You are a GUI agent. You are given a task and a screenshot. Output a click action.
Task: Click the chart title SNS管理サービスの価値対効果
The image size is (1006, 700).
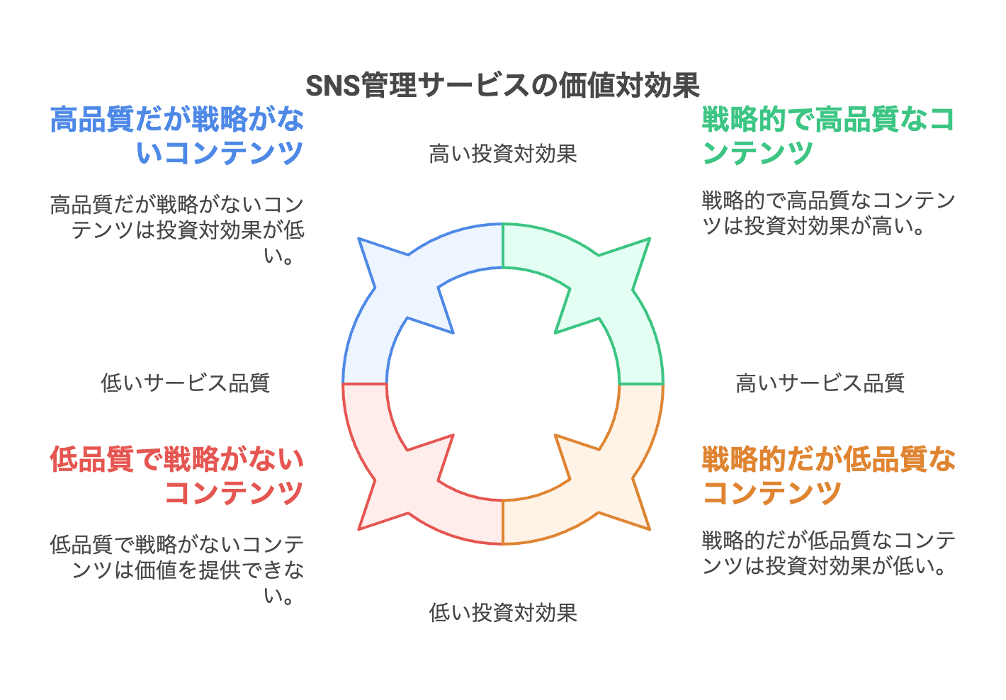click(502, 86)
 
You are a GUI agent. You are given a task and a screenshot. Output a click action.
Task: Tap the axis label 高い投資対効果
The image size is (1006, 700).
click(502, 154)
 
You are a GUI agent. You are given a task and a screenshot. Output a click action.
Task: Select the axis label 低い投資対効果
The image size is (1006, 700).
click(502, 612)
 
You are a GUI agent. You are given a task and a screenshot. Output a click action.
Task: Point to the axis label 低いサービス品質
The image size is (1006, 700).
click(185, 383)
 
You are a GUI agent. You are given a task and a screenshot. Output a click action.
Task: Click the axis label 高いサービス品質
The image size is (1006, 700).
click(820, 383)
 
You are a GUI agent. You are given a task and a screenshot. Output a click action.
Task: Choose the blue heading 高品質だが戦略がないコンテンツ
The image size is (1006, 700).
click(177, 136)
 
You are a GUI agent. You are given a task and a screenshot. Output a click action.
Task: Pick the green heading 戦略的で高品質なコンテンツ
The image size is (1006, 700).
click(828, 136)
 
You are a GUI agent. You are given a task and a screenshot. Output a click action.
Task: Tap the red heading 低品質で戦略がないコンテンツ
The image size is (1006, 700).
click(177, 476)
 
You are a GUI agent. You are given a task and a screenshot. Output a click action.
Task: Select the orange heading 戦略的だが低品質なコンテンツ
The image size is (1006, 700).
click(828, 476)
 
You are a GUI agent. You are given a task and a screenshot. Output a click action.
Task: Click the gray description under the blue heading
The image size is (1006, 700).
click(177, 230)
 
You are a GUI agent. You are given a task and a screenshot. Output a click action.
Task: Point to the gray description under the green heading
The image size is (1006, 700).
click(828, 213)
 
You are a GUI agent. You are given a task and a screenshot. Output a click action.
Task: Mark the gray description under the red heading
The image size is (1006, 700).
click(177, 570)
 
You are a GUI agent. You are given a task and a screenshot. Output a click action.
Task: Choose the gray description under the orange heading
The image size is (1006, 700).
click(828, 553)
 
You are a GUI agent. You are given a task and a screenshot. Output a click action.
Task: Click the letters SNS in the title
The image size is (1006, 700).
click(332, 86)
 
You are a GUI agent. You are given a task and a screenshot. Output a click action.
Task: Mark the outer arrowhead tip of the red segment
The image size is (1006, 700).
click(359, 529)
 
